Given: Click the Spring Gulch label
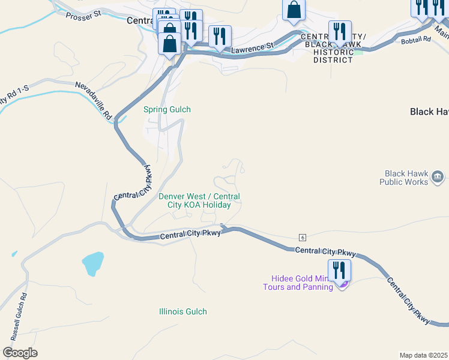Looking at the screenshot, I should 167,109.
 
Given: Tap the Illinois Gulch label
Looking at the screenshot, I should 183,311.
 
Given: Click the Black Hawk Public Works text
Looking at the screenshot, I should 403,178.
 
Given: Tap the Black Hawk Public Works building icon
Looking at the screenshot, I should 438,177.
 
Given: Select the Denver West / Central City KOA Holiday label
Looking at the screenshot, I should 199,200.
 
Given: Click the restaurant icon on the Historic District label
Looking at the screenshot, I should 340,32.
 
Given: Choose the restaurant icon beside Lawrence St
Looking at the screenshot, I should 220,37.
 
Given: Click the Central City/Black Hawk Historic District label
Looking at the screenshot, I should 330,49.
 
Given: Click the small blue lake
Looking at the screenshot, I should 92,263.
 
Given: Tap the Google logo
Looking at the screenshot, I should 20,353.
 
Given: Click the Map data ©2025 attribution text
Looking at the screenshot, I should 423,355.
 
